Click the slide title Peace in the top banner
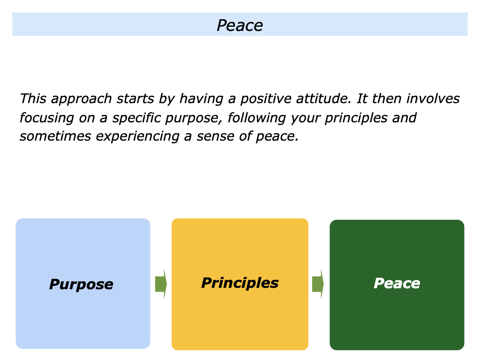click(240, 25)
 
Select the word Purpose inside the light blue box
click(81, 284)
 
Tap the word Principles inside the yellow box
click(240, 283)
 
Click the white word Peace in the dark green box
click(397, 283)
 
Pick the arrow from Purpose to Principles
click(161, 284)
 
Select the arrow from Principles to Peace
click(318, 284)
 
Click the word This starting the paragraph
click(33, 99)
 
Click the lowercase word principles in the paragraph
click(355, 118)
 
